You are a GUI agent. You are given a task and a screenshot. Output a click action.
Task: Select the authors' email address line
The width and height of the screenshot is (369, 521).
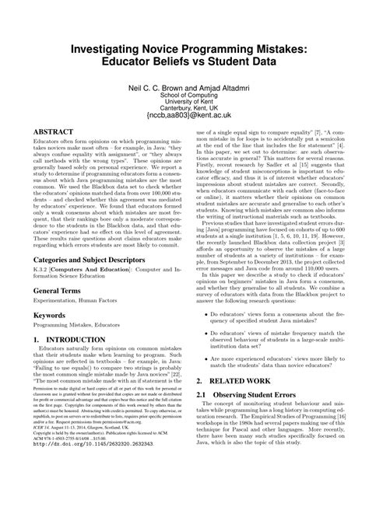pos(184,113)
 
